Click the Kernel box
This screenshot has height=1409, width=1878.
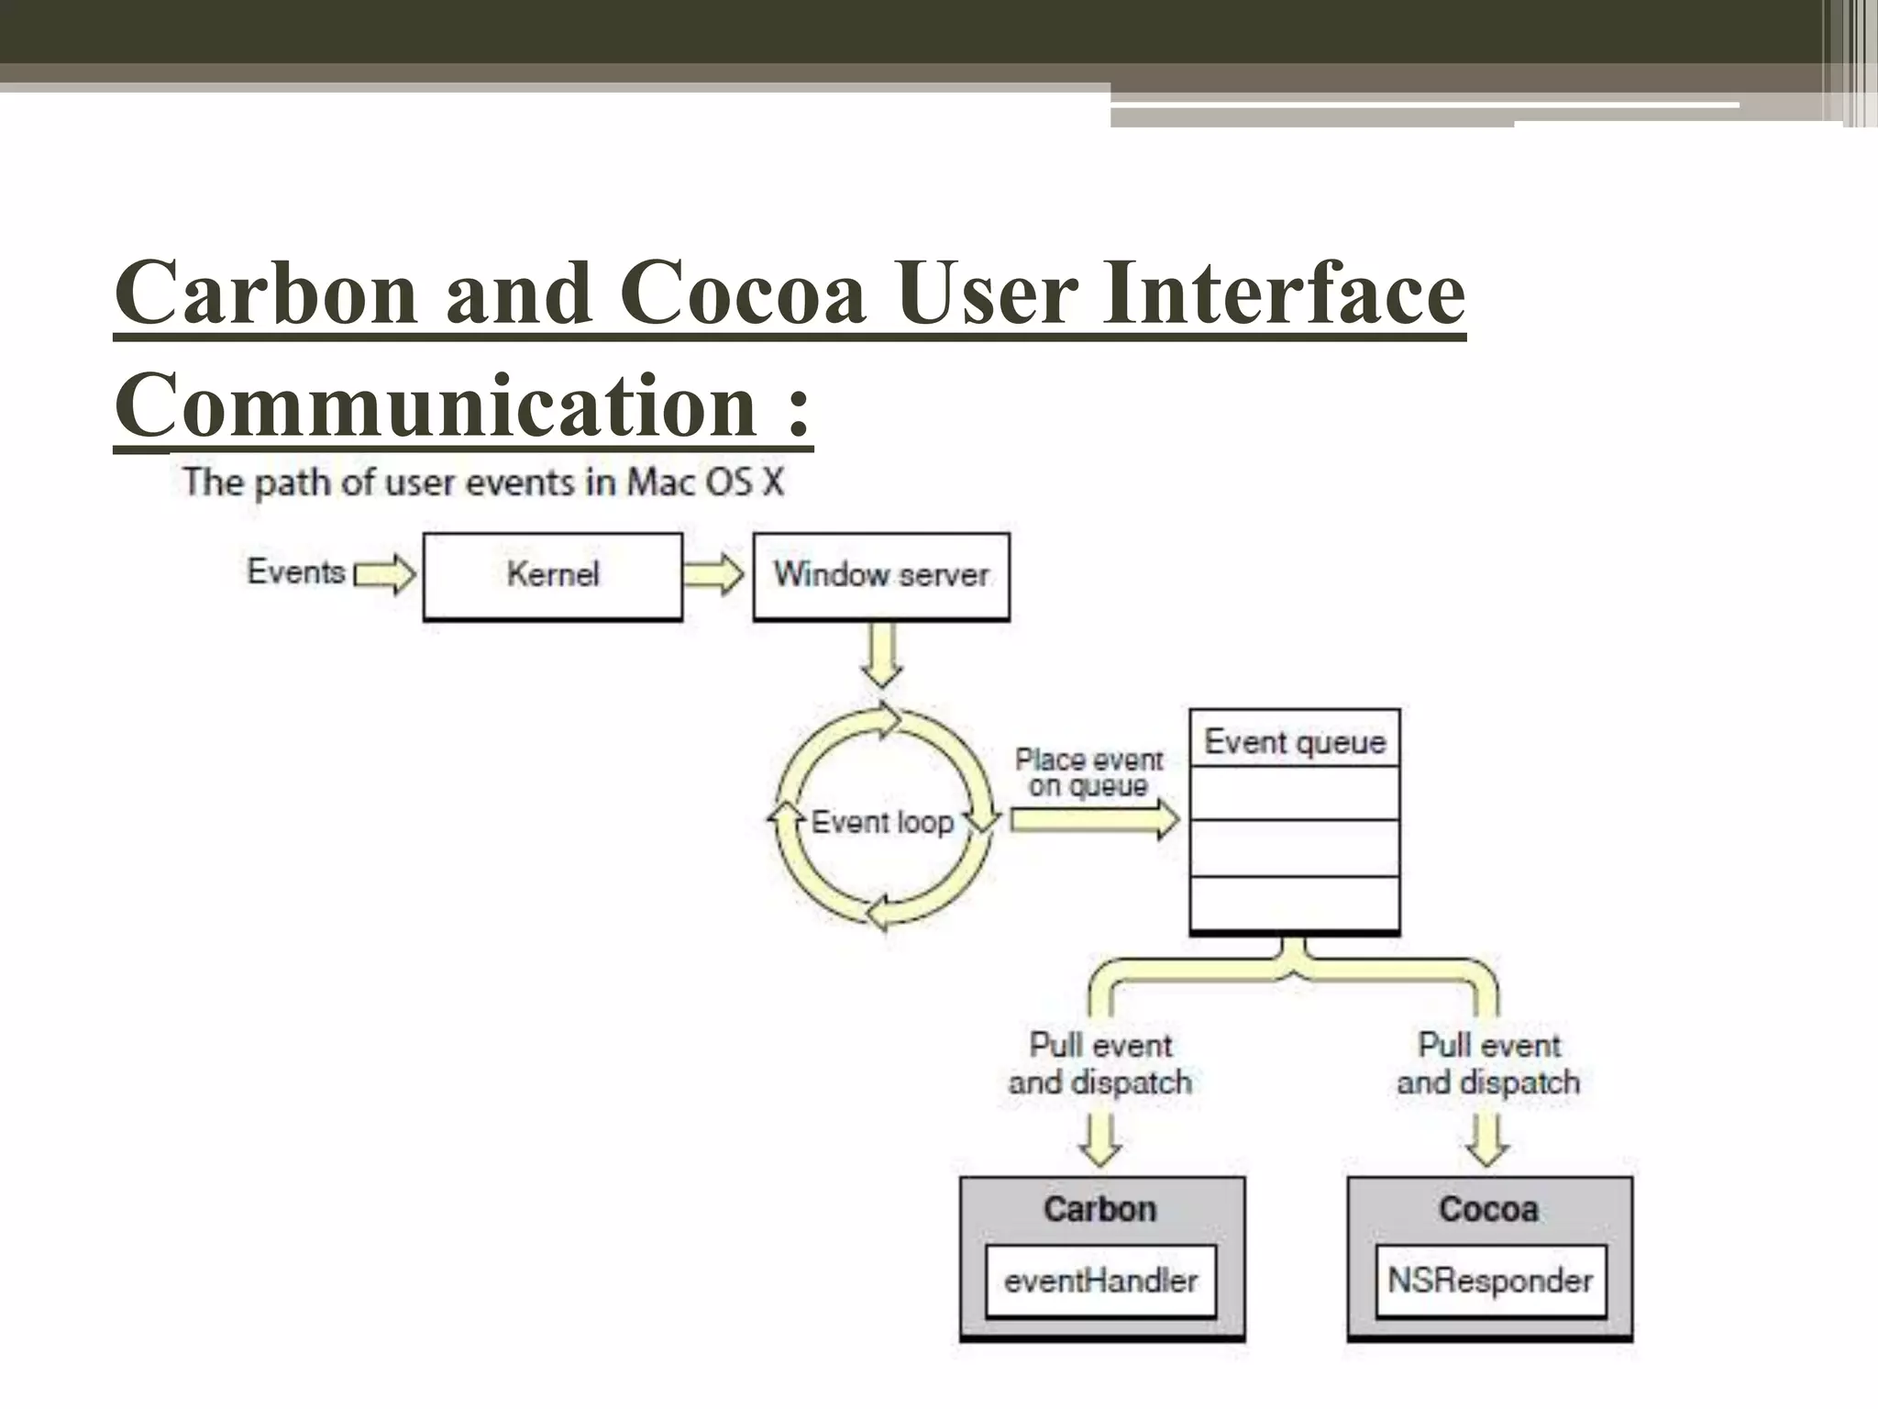point(552,576)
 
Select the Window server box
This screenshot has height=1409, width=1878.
point(880,576)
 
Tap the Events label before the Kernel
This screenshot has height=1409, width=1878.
point(295,571)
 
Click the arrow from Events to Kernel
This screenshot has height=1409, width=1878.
point(385,575)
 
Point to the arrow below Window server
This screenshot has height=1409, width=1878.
point(881,655)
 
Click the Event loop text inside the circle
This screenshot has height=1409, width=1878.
point(882,822)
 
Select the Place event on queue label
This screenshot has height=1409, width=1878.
point(1088,772)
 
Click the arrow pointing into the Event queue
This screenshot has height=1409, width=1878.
point(1094,819)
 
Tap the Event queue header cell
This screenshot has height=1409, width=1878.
point(1294,741)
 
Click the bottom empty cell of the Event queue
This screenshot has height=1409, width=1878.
point(1294,904)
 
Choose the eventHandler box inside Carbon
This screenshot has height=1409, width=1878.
point(1100,1281)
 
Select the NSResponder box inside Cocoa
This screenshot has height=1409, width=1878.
point(1490,1281)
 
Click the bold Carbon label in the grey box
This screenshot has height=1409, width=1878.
point(1100,1209)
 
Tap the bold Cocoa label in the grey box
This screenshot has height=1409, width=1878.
point(1488,1209)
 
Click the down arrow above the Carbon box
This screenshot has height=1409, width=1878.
point(1099,1139)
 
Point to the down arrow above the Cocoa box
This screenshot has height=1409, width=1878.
point(1487,1139)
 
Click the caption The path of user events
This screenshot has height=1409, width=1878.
point(482,483)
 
